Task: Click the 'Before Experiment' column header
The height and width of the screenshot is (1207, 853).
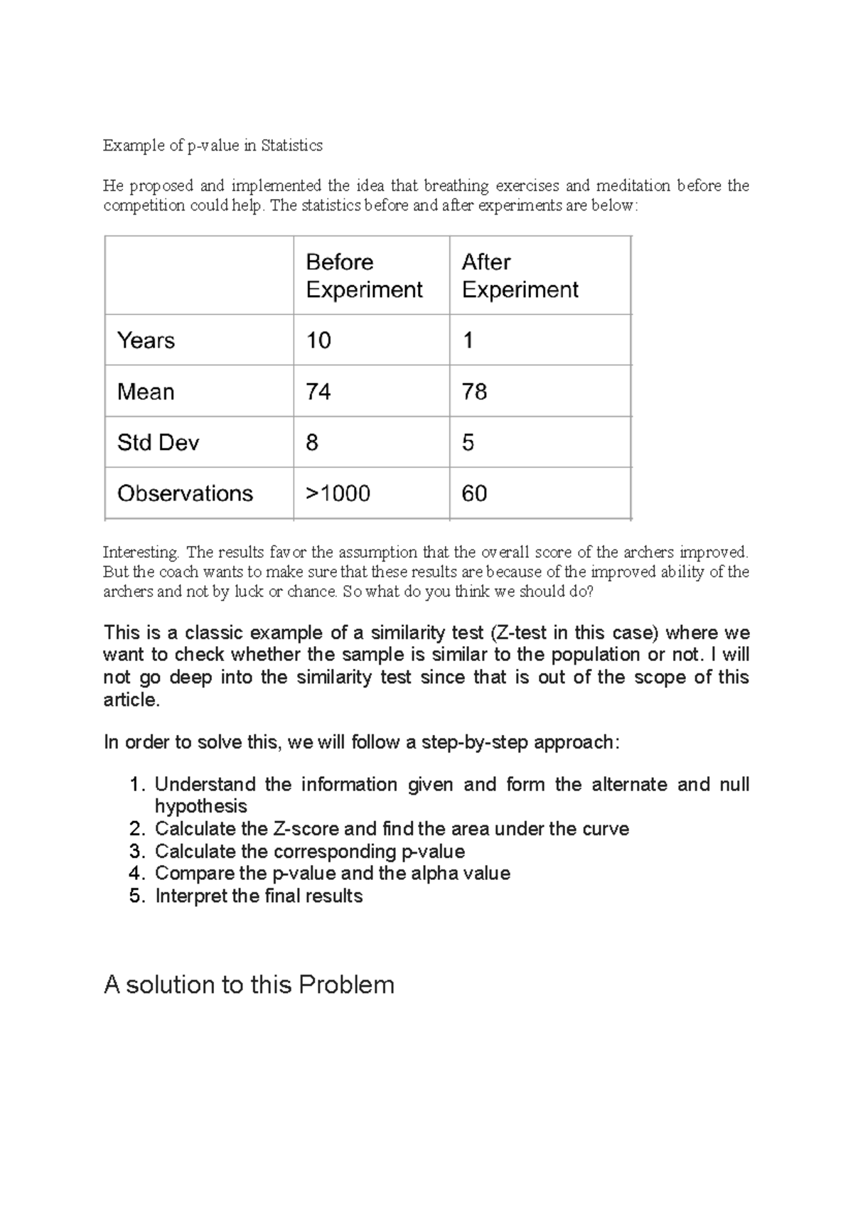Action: [364, 276]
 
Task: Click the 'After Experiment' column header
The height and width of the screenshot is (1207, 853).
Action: [520, 276]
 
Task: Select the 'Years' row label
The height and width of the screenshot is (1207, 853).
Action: [146, 340]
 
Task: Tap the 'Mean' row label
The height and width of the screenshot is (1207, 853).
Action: [146, 392]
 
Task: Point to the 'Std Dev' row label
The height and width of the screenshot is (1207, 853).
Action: [158, 443]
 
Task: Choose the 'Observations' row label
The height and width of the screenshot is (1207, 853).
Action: [185, 493]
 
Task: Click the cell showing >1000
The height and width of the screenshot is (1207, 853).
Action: [338, 493]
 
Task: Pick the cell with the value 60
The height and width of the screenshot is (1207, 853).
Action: [474, 493]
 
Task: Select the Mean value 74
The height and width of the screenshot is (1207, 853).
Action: [318, 392]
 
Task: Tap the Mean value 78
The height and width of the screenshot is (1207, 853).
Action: [474, 392]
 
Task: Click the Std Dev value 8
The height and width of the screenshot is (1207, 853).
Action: [312, 443]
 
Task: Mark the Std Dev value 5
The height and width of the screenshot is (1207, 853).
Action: [468, 443]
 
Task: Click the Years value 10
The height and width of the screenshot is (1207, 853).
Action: [318, 340]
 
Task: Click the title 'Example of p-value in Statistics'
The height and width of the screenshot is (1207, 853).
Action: [213, 146]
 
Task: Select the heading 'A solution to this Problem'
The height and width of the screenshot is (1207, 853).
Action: [249, 985]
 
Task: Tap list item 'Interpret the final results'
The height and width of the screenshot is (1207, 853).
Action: [259, 896]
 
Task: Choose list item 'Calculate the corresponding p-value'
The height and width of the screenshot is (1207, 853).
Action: [310, 851]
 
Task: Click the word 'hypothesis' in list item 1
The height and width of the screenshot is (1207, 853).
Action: [201, 806]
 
